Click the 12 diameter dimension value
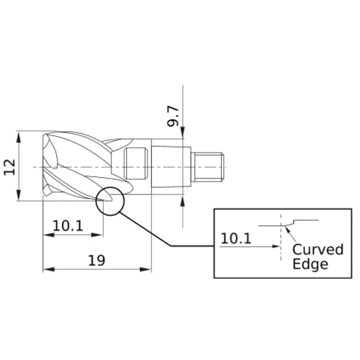point(9,167)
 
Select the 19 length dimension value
point(96,261)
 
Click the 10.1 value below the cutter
point(68,225)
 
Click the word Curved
point(318,250)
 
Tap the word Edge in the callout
point(310,264)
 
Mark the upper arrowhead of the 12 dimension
point(19,135)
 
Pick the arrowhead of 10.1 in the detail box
point(276,246)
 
